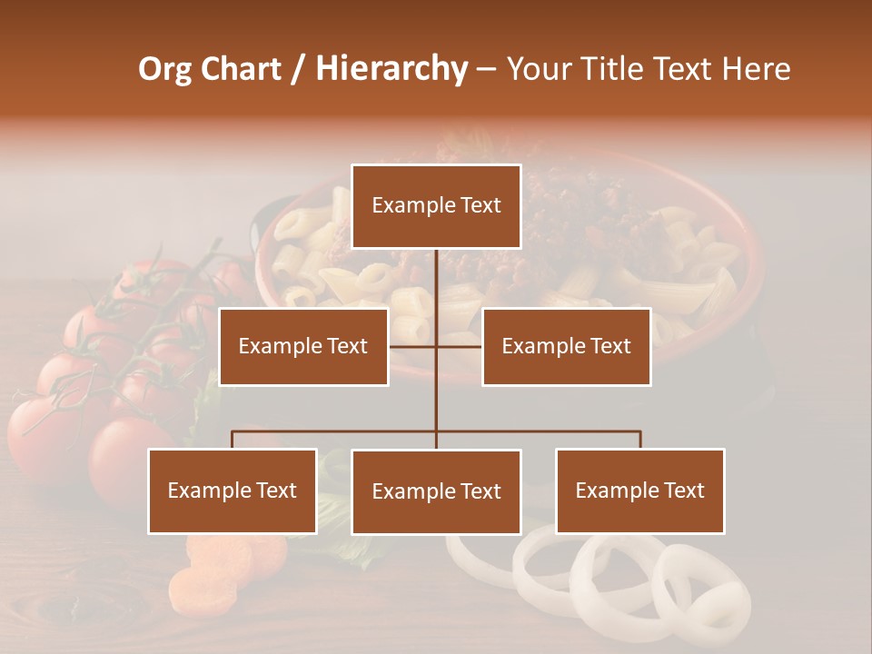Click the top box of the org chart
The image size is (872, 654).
[436, 206]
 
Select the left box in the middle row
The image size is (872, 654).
[303, 346]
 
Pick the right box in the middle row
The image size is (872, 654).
[566, 346]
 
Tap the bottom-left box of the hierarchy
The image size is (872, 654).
[233, 490]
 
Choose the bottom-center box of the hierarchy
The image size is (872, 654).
[436, 491]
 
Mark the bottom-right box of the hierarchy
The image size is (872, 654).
[639, 490]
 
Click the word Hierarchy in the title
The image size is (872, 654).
[391, 69]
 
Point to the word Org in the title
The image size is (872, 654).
[163, 69]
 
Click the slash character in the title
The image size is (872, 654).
[298, 70]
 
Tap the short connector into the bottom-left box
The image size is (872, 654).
[233, 440]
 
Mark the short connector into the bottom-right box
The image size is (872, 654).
[640, 440]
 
